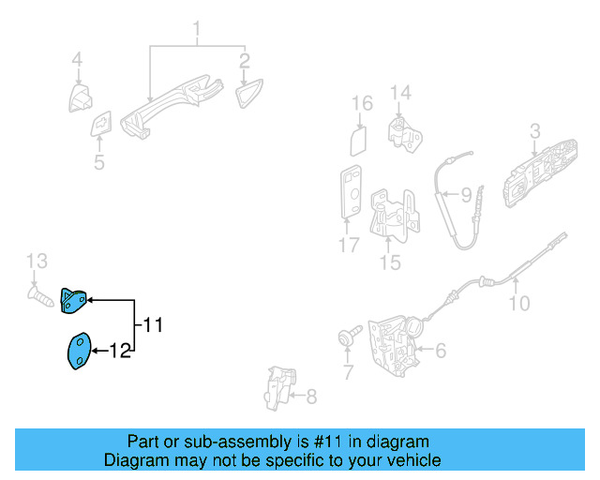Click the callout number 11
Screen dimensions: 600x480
tap(153, 325)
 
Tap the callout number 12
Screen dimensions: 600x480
tap(120, 351)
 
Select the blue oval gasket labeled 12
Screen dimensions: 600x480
tap(80, 351)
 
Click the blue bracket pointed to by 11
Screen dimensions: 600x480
tap(73, 301)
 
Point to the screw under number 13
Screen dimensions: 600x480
tap(40, 297)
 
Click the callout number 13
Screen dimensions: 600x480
tap(37, 261)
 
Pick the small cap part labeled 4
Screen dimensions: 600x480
tap(80, 98)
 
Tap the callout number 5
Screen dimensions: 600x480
tap(99, 162)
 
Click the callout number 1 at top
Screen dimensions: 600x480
tap(197, 29)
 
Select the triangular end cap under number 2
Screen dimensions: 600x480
tap(248, 93)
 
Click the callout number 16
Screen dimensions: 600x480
tap(362, 103)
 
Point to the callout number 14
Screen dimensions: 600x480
tap(400, 93)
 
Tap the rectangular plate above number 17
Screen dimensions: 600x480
tap(351, 192)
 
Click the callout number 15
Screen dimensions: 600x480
tap(390, 262)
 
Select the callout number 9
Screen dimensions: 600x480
tap(466, 195)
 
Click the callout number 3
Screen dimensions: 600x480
tap(535, 131)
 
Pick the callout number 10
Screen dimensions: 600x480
tap(519, 303)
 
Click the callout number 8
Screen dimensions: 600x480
tap(311, 397)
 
